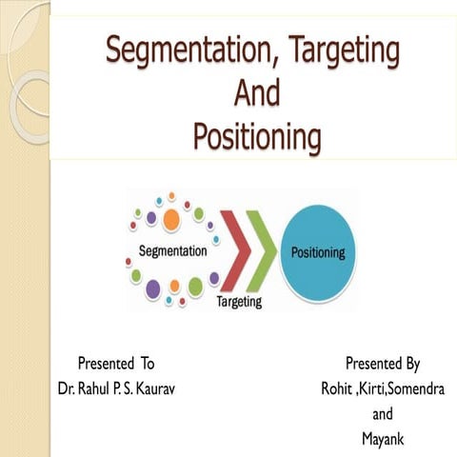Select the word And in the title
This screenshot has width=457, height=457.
(256, 92)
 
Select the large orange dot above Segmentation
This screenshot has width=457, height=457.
(171, 220)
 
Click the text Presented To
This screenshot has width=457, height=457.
(115, 363)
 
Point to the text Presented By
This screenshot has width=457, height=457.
(382, 363)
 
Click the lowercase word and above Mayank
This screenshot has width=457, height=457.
(382, 414)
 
